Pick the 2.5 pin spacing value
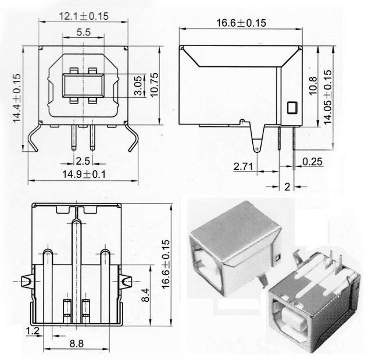82,160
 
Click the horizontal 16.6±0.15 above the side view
241,23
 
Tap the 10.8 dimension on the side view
312,85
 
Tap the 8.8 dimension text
76,344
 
